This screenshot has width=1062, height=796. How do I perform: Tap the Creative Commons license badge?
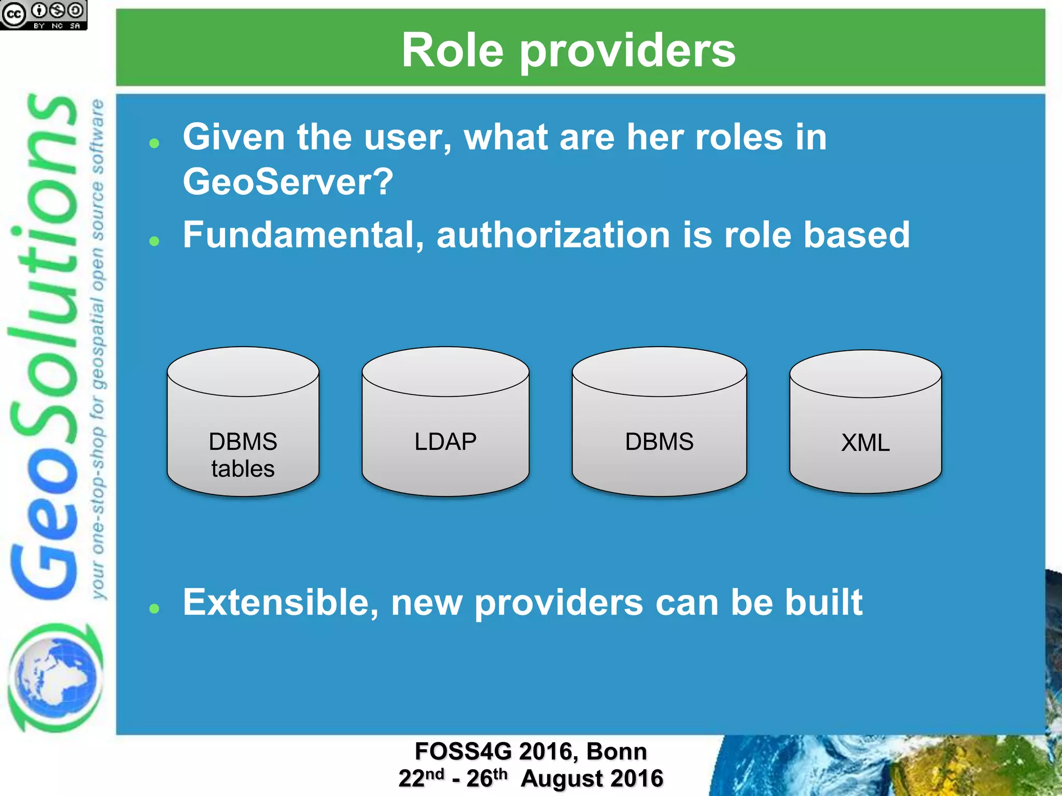(44, 15)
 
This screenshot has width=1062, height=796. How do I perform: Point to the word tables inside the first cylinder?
(243, 469)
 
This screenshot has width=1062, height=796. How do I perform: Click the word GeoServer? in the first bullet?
(288, 182)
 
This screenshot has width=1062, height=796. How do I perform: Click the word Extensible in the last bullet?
(280, 602)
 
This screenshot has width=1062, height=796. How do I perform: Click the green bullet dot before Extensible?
(154, 608)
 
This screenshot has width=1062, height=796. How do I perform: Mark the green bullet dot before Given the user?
(154, 143)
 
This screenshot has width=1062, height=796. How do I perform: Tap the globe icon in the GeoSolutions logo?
(54, 676)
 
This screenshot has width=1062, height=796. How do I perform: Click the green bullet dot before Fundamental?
(154, 241)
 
